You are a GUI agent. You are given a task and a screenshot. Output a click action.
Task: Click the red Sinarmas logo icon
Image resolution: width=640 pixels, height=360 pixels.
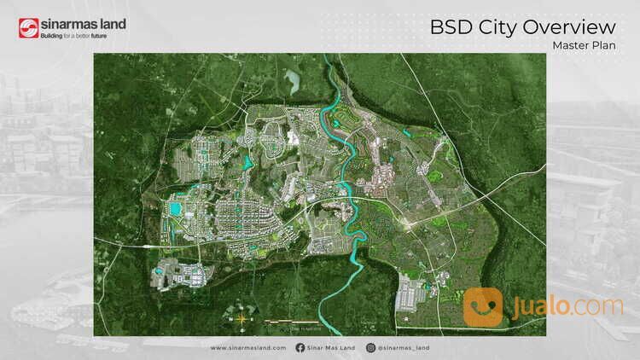[28, 29]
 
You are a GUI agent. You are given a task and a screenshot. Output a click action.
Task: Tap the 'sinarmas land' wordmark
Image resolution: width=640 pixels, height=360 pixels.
[83, 24]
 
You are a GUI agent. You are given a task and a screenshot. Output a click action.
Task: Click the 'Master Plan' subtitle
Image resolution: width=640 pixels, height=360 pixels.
[584, 45]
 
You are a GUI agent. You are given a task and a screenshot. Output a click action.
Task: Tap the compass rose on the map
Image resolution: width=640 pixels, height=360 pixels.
[241, 318]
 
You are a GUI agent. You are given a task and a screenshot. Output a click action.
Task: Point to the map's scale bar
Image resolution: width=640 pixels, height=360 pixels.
[287, 322]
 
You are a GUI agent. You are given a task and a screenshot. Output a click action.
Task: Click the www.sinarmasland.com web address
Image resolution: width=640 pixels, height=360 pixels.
[248, 348]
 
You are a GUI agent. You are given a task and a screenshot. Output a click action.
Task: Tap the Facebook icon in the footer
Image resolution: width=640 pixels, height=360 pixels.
[300, 348]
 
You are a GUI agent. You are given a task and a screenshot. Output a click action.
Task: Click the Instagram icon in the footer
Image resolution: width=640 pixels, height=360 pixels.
[370, 348]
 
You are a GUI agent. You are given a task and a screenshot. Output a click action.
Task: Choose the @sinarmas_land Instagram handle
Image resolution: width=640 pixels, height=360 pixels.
[404, 348]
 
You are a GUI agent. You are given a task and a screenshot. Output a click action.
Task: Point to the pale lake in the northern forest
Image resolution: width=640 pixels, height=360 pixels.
[293, 82]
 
